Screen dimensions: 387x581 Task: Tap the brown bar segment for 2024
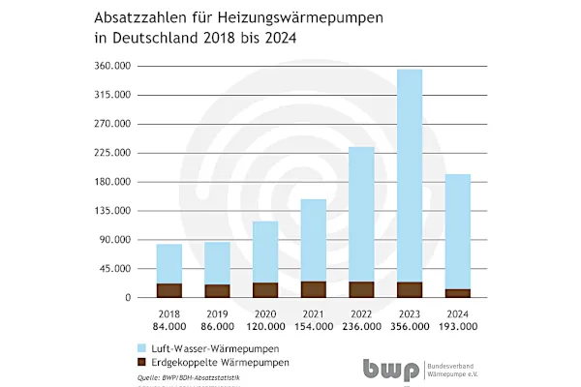pos(457,292)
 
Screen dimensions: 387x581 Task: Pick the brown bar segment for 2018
pos(169,289)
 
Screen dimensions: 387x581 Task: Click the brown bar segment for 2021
pos(313,288)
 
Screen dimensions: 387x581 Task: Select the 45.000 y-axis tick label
pos(127,269)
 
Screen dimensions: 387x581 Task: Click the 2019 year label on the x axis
pos(217,313)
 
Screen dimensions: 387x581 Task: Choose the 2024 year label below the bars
pos(457,313)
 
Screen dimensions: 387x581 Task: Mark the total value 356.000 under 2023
pos(409,327)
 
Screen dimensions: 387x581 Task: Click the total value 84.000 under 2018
pos(169,327)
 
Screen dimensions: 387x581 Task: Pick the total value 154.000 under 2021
pos(313,327)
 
